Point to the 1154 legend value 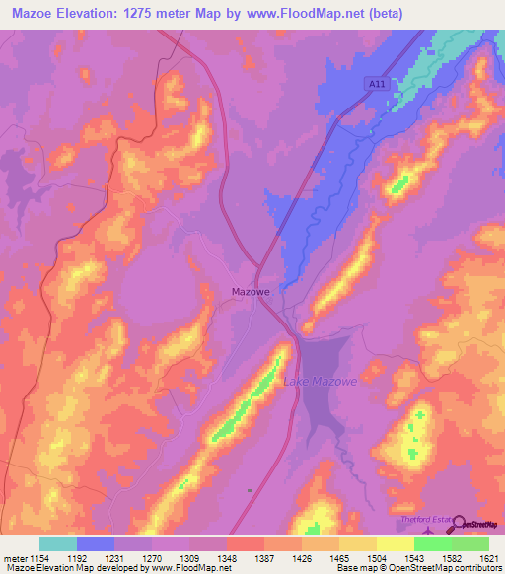coord(38,558)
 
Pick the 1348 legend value coord(226,558)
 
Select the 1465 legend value coord(338,558)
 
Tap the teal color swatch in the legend coord(58,543)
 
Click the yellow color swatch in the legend coord(396,543)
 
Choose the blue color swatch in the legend coord(96,543)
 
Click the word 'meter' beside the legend coord(14,558)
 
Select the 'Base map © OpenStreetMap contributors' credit coord(416,568)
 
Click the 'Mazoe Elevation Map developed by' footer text coord(72,568)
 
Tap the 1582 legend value coord(451,558)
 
